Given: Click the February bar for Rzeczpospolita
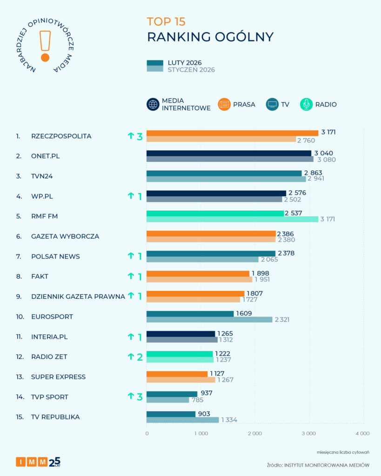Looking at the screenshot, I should (232, 133).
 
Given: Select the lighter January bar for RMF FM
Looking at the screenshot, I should (232, 219).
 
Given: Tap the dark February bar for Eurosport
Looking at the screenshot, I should (190, 314).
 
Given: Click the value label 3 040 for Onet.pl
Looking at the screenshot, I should (324, 153).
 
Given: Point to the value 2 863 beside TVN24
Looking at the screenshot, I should (313, 173).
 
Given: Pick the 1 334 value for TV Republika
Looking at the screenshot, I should (230, 420).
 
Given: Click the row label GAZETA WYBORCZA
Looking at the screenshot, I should (65, 236).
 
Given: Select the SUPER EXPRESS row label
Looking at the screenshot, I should (59, 377).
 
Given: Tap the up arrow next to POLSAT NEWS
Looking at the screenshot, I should (131, 256).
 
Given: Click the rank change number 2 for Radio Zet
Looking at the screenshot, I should (139, 357).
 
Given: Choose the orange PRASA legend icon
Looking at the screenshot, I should (224, 105).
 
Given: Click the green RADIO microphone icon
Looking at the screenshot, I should (307, 105).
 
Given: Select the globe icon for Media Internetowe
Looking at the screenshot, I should (153, 105).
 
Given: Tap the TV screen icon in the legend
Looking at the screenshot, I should (273, 105).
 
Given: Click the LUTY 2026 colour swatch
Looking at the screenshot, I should (155, 63).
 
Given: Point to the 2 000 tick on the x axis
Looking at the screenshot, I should (254, 433).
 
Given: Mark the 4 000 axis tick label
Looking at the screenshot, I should (362, 433).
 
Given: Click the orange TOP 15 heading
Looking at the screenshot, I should (166, 21).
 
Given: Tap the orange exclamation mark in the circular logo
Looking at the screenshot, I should (45, 46).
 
